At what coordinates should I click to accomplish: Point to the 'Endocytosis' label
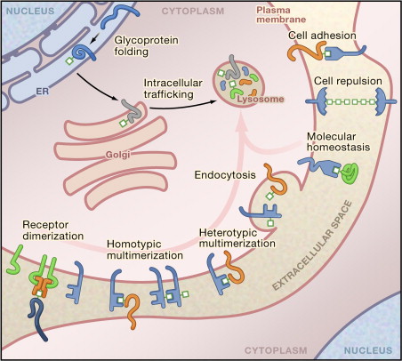[x=221, y=175]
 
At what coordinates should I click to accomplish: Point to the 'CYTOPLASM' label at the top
[x=190, y=11]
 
